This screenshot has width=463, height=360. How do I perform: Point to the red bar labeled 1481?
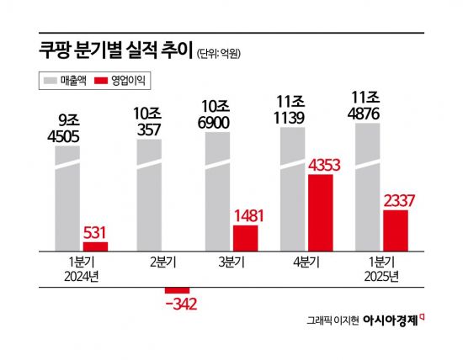pos(246,237)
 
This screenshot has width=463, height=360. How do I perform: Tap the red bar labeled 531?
pos(94,246)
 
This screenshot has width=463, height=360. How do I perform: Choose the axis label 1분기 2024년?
pos(81,267)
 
